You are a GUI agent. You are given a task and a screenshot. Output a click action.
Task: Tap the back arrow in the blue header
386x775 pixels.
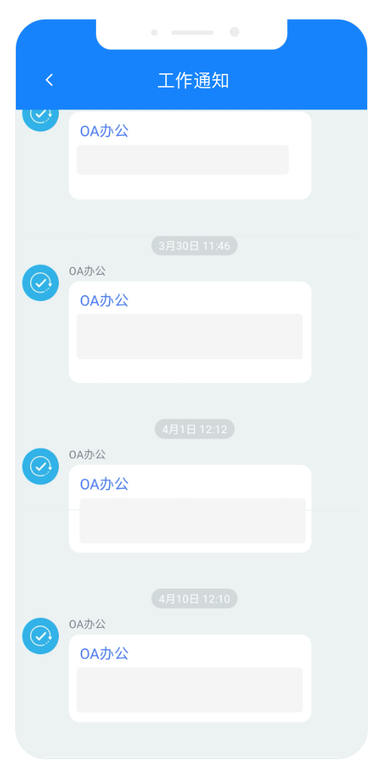[x=49, y=80]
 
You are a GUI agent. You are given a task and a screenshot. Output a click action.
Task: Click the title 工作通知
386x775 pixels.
[x=193, y=81]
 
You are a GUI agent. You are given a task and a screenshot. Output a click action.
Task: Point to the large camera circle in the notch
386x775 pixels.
[x=235, y=32]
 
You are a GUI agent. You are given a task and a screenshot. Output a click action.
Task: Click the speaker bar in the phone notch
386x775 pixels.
[x=192, y=32]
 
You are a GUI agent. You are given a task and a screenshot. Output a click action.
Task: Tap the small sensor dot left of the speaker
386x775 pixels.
[x=154, y=32]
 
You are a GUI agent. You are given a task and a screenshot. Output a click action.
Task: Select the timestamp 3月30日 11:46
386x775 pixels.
[x=194, y=246]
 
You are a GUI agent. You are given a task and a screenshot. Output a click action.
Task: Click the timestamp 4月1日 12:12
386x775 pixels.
[x=194, y=429]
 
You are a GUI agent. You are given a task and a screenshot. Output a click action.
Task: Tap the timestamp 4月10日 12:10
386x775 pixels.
[x=194, y=599]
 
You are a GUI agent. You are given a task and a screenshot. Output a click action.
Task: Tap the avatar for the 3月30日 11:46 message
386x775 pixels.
[x=41, y=283]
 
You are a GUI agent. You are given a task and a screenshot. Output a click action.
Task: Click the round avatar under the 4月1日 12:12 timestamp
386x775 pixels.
[x=41, y=466]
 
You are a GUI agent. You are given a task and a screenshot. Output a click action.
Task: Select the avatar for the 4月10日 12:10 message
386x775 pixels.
[x=41, y=636]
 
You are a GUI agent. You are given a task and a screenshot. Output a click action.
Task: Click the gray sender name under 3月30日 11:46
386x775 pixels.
[x=87, y=272]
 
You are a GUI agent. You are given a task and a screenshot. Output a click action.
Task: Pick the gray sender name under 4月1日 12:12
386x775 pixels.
[x=87, y=455]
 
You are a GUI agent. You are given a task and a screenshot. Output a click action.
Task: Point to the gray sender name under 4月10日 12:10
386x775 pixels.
[x=87, y=624]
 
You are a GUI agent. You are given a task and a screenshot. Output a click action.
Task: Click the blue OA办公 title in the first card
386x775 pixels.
[x=104, y=131]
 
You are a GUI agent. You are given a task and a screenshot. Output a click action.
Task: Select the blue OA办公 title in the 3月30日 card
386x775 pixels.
[x=104, y=300]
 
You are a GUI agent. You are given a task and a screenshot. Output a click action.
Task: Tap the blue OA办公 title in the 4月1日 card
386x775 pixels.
[x=104, y=484]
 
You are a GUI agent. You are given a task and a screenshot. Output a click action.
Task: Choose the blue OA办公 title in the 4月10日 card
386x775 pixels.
[x=104, y=654]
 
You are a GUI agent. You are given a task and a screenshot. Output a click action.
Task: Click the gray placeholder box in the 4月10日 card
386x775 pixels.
[x=190, y=690]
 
